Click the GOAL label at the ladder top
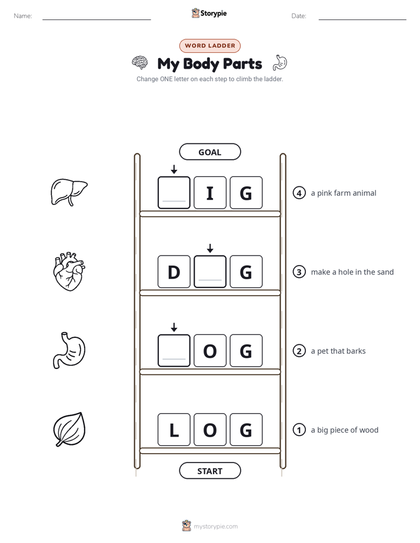click(209, 152)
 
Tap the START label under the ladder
click(209, 471)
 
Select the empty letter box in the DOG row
click(174, 350)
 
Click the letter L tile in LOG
click(174, 430)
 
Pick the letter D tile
click(174, 271)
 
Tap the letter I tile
click(210, 193)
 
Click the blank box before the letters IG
click(174, 193)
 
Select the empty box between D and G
click(210, 271)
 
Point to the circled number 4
click(299, 193)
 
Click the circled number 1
click(299, 430)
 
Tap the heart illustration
click(69, 271)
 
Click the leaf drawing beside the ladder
click(69, 429)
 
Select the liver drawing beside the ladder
click(69, 192)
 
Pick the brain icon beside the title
click(139, 63)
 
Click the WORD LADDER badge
click(210, 46)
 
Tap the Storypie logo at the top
click(209, 13)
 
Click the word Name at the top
click(23, 16)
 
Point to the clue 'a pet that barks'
click(338, 351)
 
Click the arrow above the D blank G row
click(210, 248)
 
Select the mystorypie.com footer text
click(215, 527)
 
